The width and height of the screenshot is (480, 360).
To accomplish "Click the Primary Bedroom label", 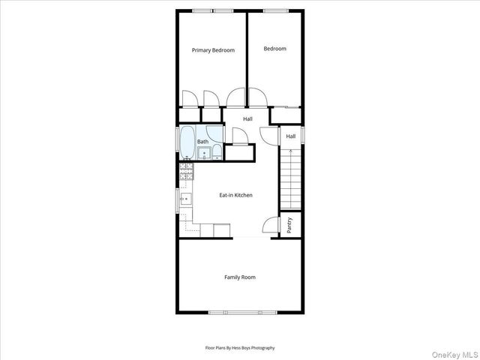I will point(213,50).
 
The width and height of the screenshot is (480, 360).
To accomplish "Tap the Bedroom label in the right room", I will point(274,49).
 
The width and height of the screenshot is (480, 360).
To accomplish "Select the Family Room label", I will point(240,277).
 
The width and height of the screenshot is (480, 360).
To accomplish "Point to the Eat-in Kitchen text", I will point(235,195).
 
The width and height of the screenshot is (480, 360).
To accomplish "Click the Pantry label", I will point(289,225).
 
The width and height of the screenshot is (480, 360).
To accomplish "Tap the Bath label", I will point(203,142).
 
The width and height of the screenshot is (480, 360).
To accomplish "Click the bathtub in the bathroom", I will point(187,144).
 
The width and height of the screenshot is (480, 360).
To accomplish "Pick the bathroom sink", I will point(204,154).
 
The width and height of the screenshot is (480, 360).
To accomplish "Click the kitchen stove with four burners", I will point(186,175).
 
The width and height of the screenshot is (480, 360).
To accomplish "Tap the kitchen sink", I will point(186,199).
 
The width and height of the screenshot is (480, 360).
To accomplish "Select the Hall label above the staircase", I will point(291,136).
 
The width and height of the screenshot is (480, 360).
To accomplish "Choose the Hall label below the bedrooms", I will point(247,118).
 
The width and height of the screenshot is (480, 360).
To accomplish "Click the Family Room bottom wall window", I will point(240,311).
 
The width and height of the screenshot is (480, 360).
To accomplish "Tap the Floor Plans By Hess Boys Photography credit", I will point(240,348).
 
